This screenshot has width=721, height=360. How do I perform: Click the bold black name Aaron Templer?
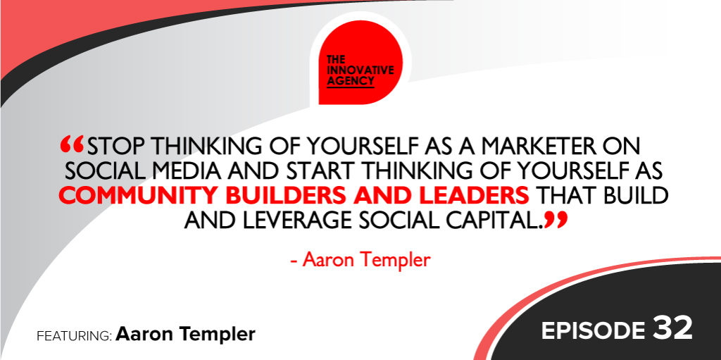tap(186, 335)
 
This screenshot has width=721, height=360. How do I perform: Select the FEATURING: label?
tap(74, 335)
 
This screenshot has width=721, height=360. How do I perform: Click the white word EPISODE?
tap(593, 330)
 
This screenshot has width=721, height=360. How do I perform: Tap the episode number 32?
tap(672, 329)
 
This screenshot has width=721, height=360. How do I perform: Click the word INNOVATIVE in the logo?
tap(360, 70)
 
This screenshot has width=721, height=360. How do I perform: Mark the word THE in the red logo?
tap(335, 61)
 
